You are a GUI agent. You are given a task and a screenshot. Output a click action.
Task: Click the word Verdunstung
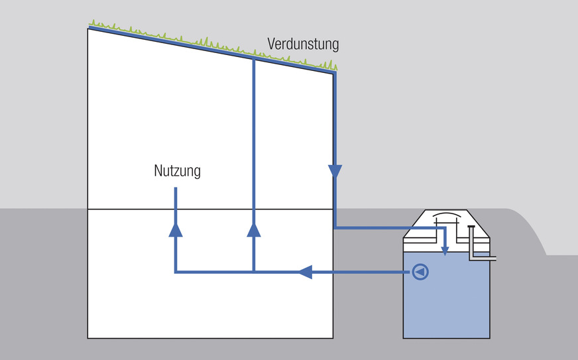coord(303,44)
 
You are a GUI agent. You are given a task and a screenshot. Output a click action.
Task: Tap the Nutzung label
coord(177,171)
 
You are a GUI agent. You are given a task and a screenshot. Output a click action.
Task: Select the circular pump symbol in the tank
coord(420,272)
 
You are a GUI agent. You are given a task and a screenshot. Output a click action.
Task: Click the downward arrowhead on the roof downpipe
coord(335,172)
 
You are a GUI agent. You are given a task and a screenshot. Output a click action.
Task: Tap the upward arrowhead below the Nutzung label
coord(176,229)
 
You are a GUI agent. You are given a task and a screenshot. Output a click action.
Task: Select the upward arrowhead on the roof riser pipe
coord(254,229)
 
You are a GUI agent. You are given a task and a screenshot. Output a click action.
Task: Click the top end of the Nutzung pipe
coord(176,190)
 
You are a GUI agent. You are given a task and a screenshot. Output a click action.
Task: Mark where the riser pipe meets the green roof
coord(254,59)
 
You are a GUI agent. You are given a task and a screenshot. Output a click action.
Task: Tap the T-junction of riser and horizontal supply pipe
coord(254,272)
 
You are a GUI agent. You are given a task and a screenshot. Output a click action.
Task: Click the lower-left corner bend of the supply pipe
coord(176,272)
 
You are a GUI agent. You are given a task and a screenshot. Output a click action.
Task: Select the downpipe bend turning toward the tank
coord(335,227)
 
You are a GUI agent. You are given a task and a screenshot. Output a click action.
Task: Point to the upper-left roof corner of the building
coord(89,28)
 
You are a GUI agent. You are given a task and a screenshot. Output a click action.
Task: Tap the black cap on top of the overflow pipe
coord(471,228)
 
